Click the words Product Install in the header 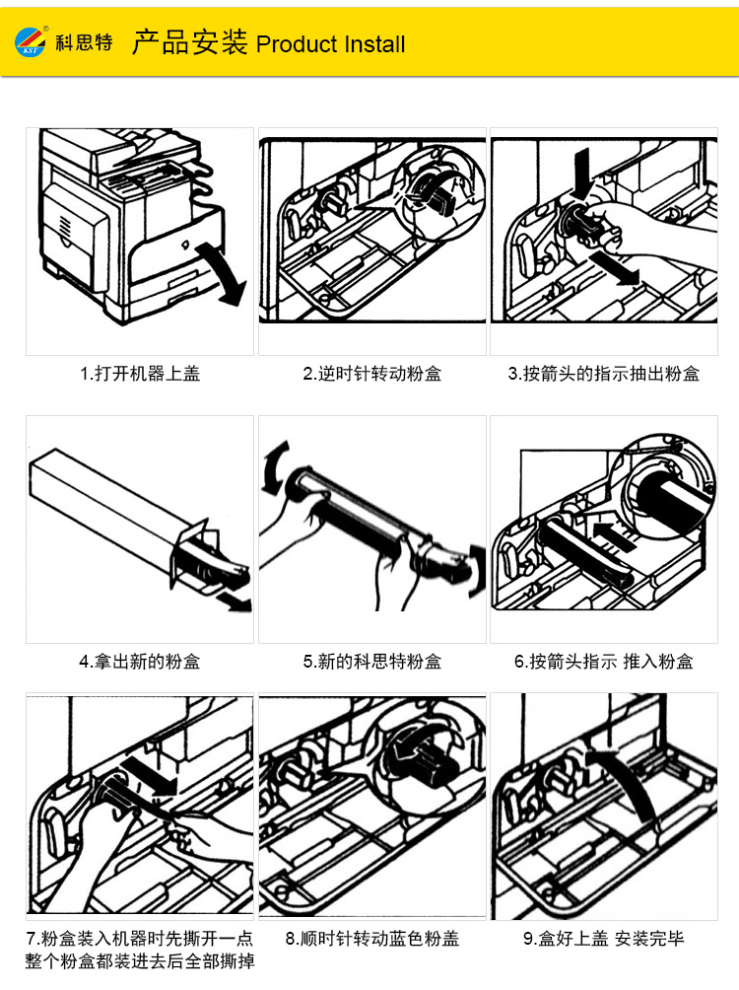[x=330, y=44]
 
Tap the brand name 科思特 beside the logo [x=85, y=44]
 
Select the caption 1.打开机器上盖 [x=140, y=374]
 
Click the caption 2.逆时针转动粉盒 [x=371, y=374]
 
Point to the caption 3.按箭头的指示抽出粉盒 [x=604, y=374]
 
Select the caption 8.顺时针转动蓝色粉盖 [x=371, y=939]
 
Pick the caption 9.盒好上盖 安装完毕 [x=604, y=939]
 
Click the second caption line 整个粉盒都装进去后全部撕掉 [x=140, y=961]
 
